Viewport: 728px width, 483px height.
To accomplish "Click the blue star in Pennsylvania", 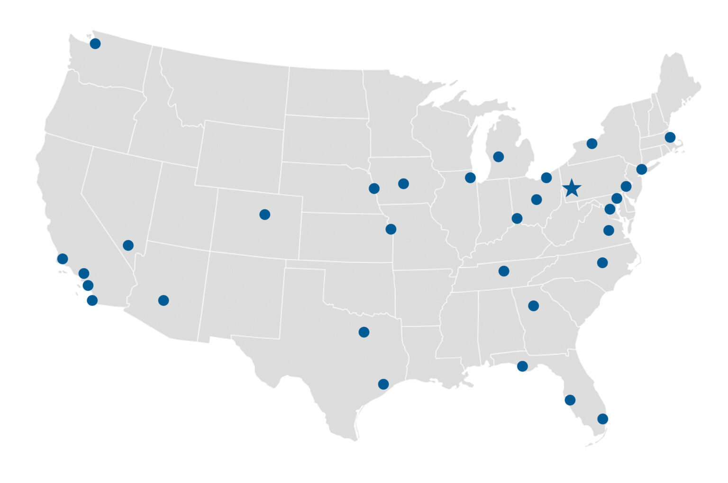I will (572, 188).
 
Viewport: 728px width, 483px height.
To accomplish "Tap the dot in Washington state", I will (95, 44).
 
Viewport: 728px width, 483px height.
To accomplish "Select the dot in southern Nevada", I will (128, 245).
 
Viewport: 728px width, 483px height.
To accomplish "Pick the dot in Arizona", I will (164, 300).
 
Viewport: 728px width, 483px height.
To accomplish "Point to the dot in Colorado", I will (265, 215).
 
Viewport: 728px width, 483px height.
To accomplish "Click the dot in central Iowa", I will (403, 184).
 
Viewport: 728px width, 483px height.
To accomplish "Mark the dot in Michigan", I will (498, 157).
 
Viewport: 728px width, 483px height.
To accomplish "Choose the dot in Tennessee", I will (504, 271).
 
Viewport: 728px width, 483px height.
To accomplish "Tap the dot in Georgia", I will (533, 306).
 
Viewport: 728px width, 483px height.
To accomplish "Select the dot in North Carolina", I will (602, 263).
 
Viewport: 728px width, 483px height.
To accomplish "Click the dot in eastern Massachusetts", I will (670, 137).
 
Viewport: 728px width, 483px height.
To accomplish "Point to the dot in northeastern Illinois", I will (470, 178).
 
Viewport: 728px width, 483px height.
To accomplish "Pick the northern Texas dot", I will (364, 332).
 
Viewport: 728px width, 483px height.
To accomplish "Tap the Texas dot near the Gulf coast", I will (383, 384).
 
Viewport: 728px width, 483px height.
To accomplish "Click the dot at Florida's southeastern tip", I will (602, 419).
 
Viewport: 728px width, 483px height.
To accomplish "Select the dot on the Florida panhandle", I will (522, 366).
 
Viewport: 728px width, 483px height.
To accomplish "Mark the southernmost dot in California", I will (92, 300).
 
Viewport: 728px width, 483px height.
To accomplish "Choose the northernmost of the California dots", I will (63, 259).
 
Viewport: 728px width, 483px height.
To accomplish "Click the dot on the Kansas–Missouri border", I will (391, 229).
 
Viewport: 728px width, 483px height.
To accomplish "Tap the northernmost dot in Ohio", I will (546, 178).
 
